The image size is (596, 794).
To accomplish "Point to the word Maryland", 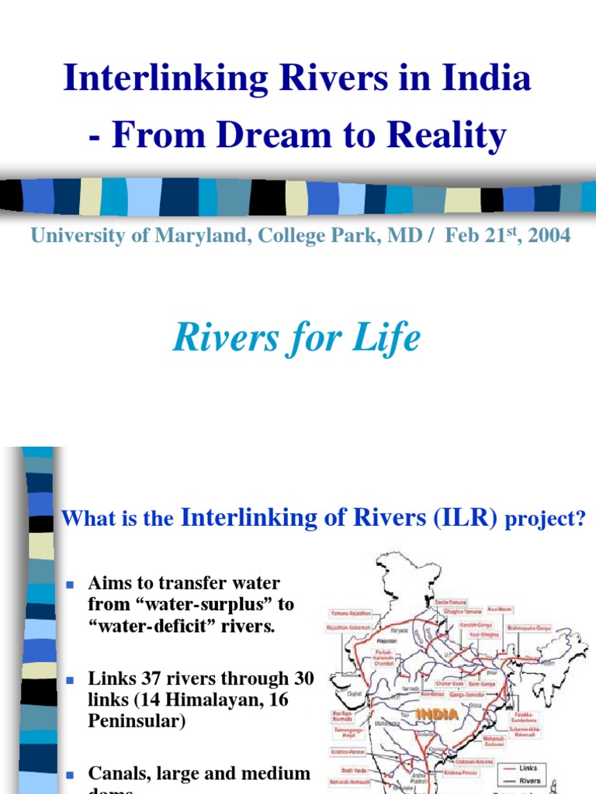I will [x=197, y=236].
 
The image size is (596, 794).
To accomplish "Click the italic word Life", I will [x=390, y=338].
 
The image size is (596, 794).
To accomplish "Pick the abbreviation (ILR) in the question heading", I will [x=466, y=518].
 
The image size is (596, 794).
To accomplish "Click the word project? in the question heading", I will [x=545, y=520].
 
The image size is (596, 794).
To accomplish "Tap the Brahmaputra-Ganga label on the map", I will [x=532, y=628].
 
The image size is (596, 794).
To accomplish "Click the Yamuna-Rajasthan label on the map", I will [x=351, y=613].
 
